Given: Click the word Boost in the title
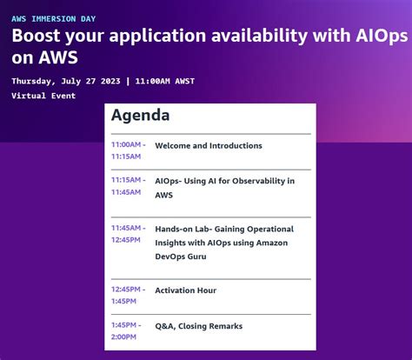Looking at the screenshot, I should [37, 37].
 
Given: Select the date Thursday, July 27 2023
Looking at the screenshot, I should [66, 81].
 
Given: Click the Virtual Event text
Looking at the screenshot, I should [43, 96].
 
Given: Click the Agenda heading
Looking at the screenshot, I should [141, 116].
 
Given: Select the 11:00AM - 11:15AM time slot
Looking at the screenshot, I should [128, 150].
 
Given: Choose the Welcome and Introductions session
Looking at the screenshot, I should [209, 146].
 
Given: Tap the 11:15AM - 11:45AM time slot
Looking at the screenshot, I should [128, 186].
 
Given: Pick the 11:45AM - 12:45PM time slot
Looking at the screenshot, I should [128, 234].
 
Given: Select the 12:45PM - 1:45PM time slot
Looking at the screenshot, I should [128, 296].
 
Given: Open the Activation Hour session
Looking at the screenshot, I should [186, 290].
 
